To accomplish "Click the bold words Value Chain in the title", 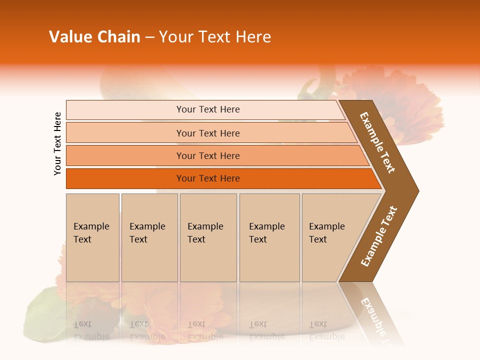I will [94, 37].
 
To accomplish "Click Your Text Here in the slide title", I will [215, 37].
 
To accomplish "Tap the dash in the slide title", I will [149, 37].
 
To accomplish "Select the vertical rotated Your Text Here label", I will [57, 143].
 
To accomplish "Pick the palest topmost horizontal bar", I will [205, 109].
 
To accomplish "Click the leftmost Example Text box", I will [92, 237].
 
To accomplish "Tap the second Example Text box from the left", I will [149, 237].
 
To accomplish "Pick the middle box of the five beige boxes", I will [208, 237].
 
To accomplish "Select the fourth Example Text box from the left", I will [269, 237].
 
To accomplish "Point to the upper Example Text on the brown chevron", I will [377, 142].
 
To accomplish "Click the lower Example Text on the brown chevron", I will [378, 236].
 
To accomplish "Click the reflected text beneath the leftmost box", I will [91, 330].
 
